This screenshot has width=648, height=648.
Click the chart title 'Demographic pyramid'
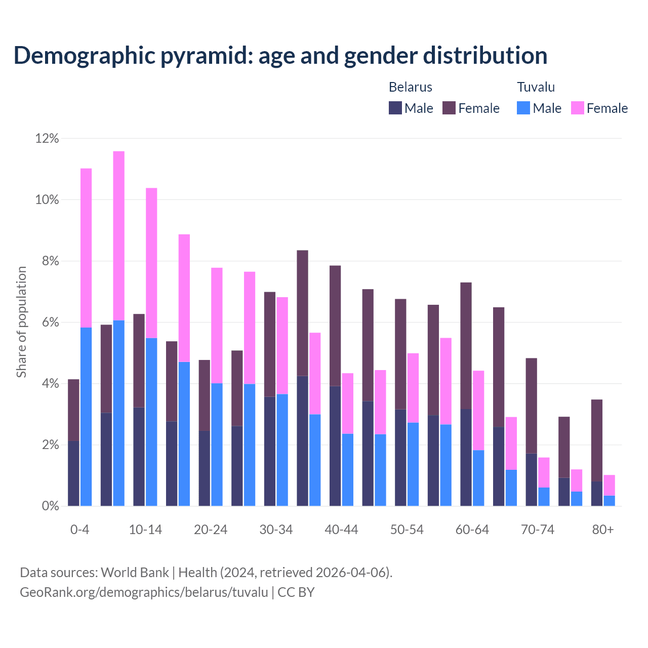[x=280, y=56]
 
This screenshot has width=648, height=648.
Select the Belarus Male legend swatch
[x=395, y=108]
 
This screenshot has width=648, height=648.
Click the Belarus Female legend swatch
[x=449, y=108]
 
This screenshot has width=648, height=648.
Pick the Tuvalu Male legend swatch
[x=523, y=108]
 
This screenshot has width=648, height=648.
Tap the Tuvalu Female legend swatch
[x=577, y=108]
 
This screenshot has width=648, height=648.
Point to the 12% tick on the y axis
[x=47, y=138]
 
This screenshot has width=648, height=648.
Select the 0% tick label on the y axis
[x=49, y=506]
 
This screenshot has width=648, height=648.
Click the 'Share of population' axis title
[x=21, y=322]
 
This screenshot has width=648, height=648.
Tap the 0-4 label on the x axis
[x=80, y=530]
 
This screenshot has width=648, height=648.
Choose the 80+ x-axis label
[x=603, y=530]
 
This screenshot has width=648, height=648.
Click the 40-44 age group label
[x=341, y=530]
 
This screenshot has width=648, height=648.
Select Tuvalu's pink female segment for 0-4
[x=86, y=248]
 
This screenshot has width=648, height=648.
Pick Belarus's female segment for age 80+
[x=597, y=440]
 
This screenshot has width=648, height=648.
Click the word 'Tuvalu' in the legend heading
[x=536, y=87]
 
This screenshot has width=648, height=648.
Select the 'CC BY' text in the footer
[x=296, y=592]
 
